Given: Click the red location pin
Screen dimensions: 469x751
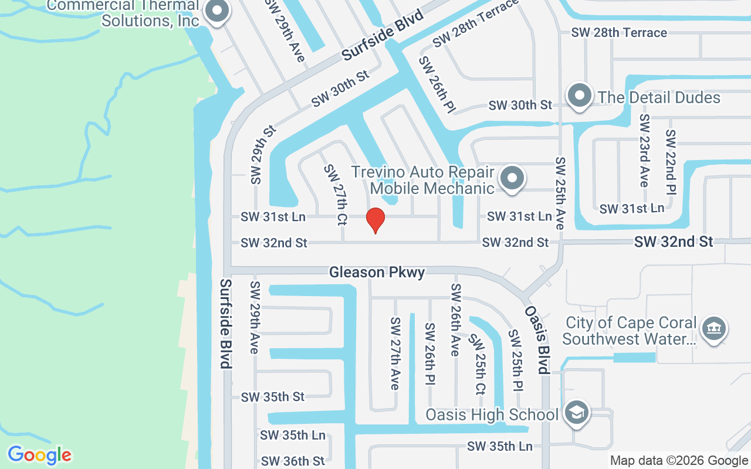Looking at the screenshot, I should pos(375,220).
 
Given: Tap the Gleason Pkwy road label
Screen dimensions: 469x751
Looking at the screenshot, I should pos(377,272).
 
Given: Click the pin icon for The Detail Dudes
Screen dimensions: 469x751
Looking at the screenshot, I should pos(580,96).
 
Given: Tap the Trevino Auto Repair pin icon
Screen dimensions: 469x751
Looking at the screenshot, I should pos(512,178).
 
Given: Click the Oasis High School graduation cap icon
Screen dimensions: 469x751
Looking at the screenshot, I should pos(577,413).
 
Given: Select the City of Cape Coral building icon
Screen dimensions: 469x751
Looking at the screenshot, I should pos(713,329).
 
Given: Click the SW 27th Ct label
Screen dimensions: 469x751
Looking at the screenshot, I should pos(334,195).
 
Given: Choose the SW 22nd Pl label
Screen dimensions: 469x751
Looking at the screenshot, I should pos(671,162).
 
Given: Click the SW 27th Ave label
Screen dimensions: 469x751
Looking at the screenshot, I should pos(395,354).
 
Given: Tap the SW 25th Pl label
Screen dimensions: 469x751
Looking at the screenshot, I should pos(516,360).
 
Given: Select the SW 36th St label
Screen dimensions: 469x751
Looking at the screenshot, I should pos(293,461).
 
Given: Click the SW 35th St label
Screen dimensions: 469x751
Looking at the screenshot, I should pos(273,397).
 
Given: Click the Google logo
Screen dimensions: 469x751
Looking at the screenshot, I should pos(39,455).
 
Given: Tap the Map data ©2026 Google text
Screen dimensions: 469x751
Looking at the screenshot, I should pos(679,461).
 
